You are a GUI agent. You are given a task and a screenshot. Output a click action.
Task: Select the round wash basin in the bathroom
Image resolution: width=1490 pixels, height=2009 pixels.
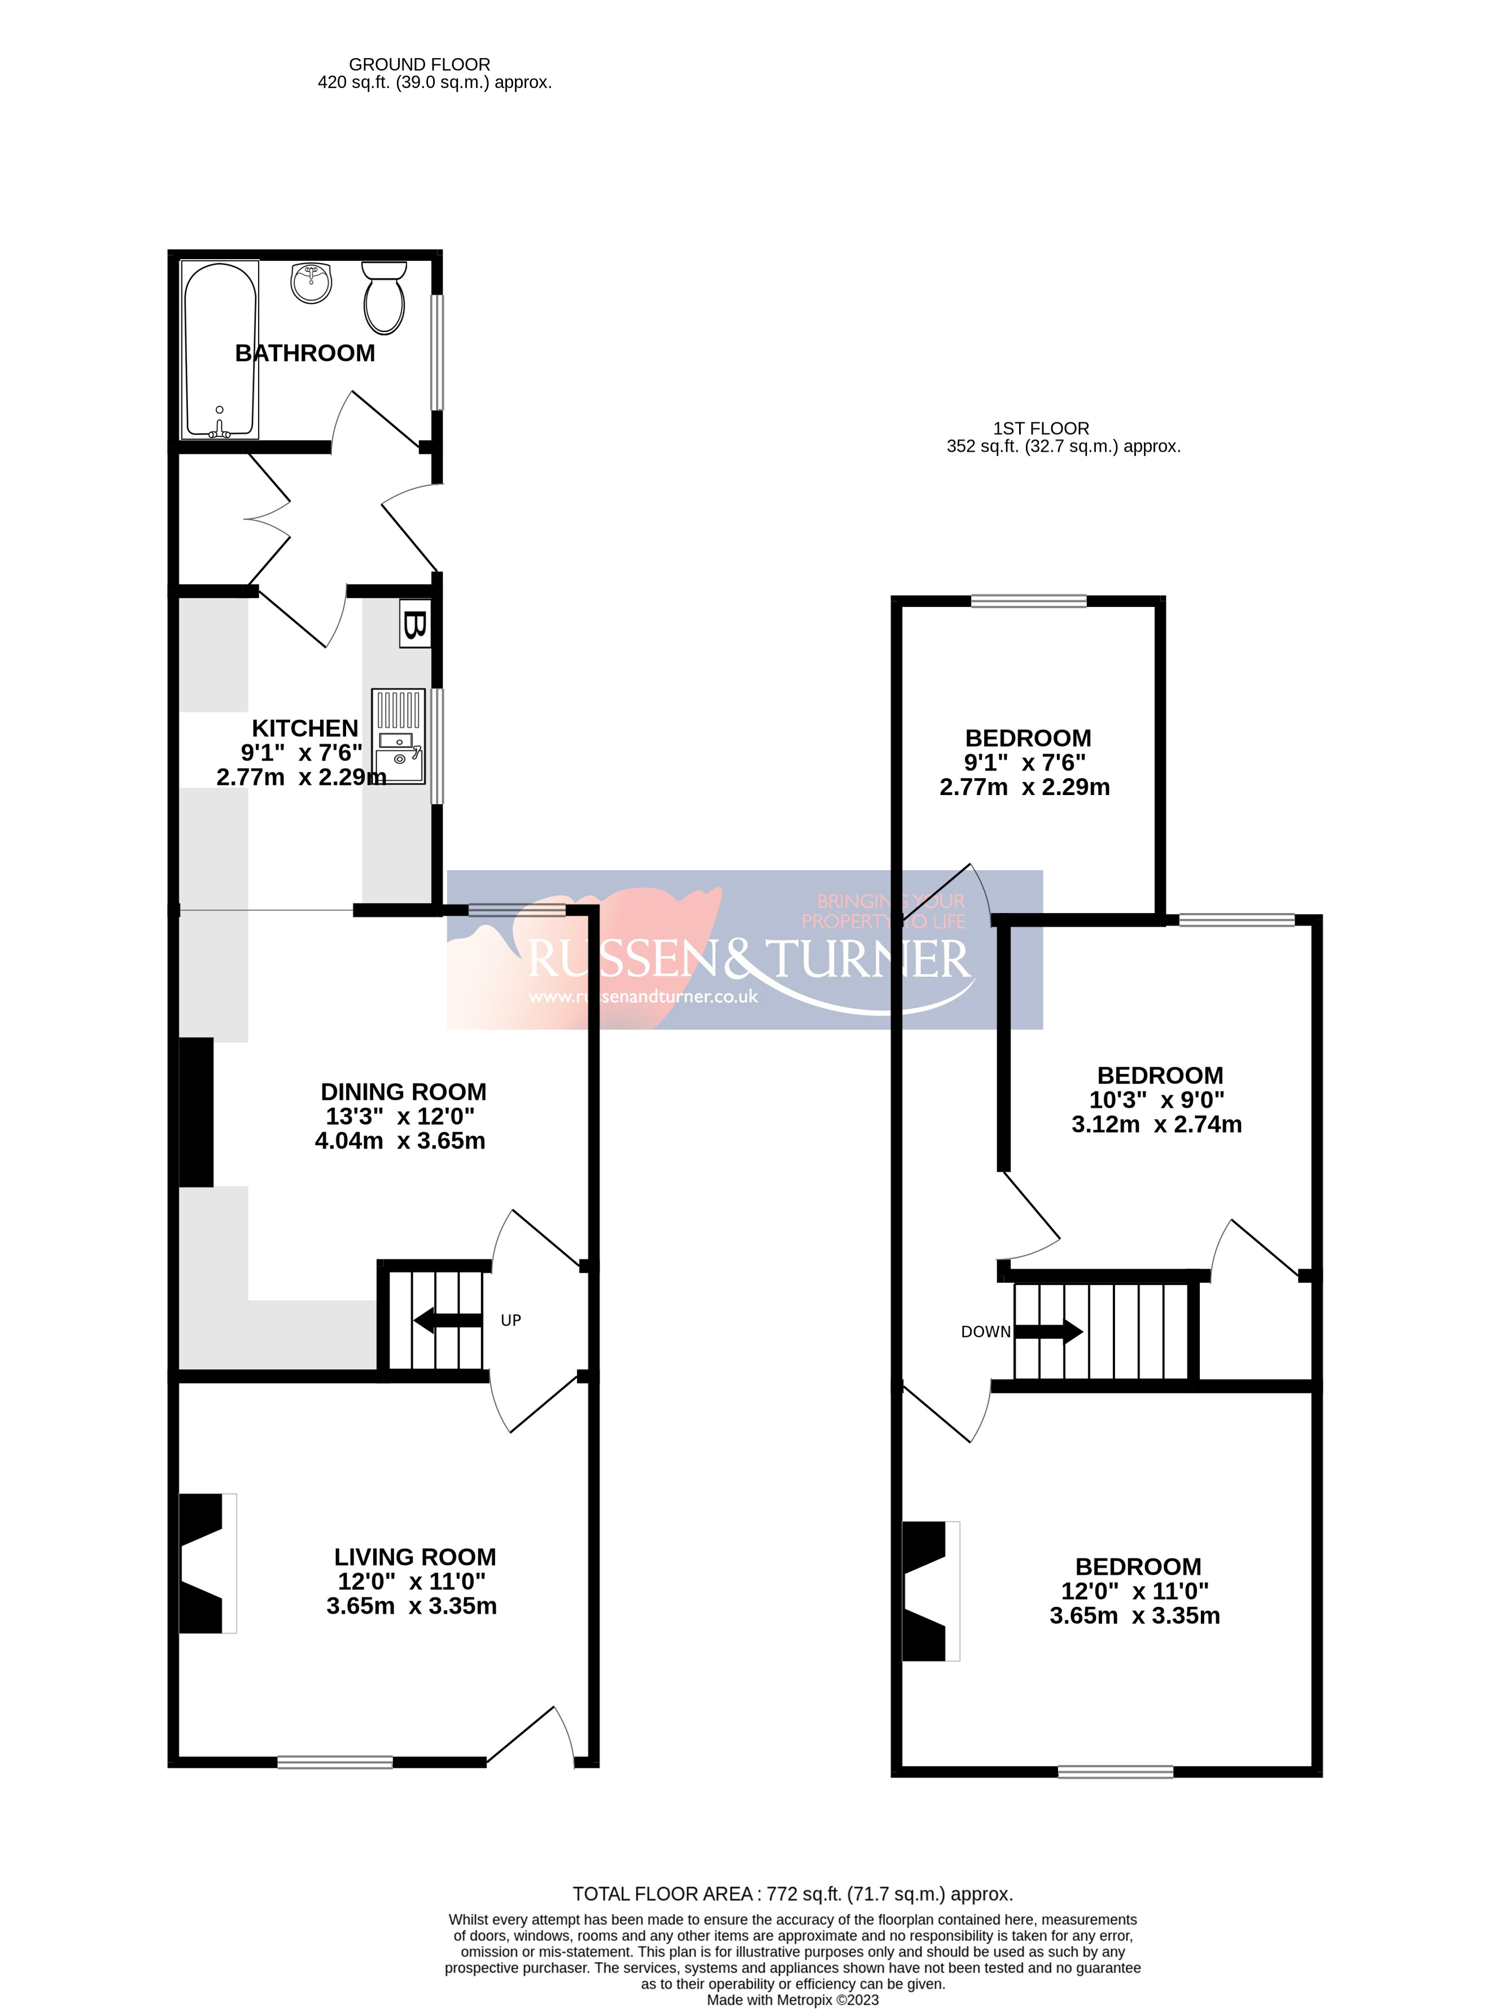click(x=311, y=282)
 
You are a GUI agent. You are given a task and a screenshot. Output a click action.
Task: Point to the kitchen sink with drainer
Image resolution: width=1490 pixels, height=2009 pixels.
click(x=397, y=736)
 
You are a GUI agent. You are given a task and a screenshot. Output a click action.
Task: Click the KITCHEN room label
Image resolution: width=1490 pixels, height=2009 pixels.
click(x=305, y=728)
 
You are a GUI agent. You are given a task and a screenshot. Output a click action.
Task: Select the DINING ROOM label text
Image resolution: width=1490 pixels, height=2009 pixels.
click(x=403, y=1091)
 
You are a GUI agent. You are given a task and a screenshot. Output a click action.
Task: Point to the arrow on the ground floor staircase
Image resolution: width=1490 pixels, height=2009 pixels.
click(x=447, y=1321)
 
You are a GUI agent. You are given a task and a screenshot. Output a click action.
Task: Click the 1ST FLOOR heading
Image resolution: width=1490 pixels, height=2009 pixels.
click(x=1041, y=429)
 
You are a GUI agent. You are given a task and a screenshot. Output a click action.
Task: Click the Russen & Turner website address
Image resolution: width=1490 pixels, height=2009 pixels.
click(x=643, y=997)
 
